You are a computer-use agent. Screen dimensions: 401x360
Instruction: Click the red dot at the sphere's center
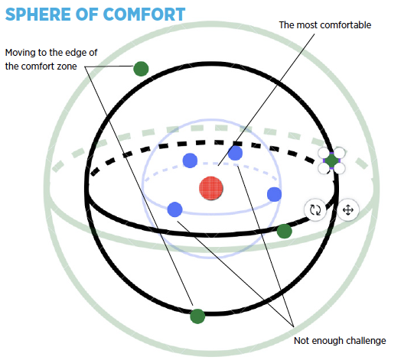tap(211, 188)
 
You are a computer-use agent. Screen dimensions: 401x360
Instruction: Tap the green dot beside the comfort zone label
tap(141, 69)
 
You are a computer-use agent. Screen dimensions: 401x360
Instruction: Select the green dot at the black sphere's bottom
tap(197, 316)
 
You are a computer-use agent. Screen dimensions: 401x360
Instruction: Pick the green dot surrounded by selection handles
tap(331, 161)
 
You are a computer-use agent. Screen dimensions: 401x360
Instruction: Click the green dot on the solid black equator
tap(285, 232)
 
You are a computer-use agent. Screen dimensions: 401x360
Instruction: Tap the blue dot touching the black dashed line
tap(235, 153)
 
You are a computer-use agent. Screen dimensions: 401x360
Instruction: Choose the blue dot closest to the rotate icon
tap(275, 194)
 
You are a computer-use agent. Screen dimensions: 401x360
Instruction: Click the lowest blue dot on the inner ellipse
tap(175, 209)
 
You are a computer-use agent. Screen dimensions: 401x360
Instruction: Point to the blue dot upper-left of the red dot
tap(190, 161)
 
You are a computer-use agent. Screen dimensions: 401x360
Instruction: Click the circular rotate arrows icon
tap(315, 209)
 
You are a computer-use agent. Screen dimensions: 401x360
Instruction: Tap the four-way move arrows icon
tap(347, 210)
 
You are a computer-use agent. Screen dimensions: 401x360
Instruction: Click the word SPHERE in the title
tap(37, 15)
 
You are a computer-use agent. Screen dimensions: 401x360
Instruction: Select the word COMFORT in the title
tap(144, 15)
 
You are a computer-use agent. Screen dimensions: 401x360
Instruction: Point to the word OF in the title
tap(86, 15)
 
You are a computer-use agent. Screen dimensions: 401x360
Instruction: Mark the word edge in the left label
tap(73, 53)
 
